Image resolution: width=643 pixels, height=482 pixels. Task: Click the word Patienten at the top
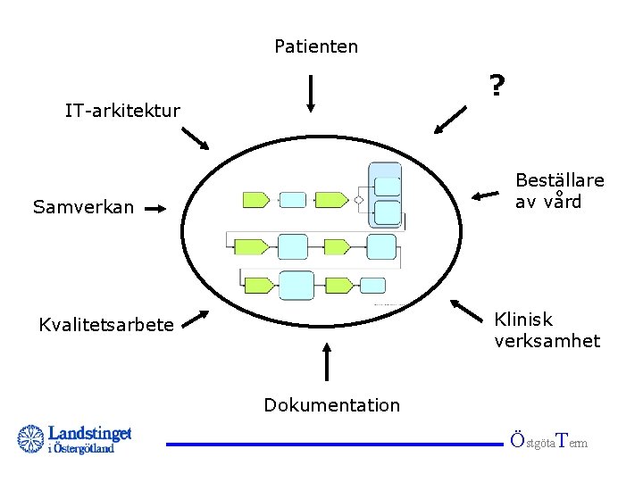click(x=316, y=46)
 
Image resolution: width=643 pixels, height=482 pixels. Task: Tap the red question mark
click(x=497, y=87)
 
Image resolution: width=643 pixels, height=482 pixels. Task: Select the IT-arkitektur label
click(x=122, y=112)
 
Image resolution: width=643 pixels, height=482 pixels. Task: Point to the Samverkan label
click(x=83, y=208)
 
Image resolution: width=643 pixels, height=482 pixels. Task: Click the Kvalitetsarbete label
click(x=106, y=325)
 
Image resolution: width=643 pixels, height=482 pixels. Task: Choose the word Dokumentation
click(x=331, y=405)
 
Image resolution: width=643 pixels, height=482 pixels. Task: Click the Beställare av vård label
click(x=559, y=191)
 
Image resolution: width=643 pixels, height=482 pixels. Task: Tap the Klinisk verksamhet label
click(x=547, y=330)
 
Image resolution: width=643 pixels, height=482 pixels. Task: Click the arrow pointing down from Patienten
click(x=310, y=94)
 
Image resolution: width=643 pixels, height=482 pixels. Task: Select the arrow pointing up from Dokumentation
click(x=328, y=361)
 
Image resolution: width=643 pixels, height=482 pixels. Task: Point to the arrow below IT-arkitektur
click(x=196, y=138)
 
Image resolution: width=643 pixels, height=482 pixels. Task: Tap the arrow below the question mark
click(x=452, y=120)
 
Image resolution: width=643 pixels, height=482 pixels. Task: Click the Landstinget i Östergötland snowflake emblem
click(x=31, y=439)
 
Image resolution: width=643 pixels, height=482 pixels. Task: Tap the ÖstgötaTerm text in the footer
click(x=548, y=441)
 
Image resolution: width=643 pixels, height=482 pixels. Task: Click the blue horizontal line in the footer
click(x=334, y=444)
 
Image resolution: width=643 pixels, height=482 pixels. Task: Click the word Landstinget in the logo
click(x=89, y=433)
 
